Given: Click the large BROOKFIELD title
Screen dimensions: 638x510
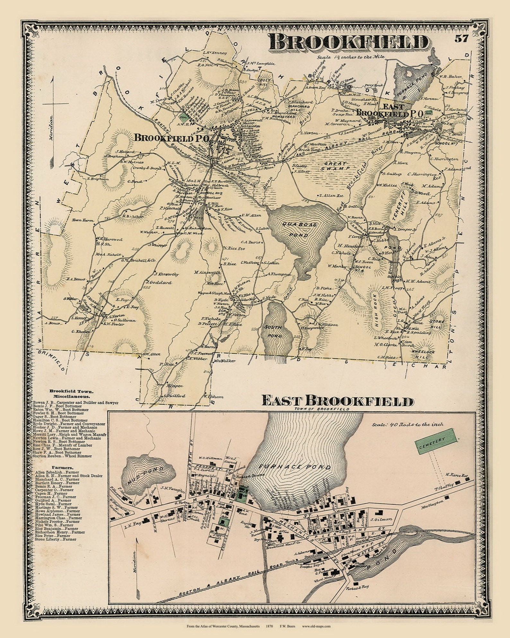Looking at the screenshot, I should (x=349, y=43).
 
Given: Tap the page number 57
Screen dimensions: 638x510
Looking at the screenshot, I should (x=462, y=39).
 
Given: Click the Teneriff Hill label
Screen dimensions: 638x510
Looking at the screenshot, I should (x=399, y=205).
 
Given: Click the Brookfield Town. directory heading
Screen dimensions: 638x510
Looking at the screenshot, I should (x=71, y=391).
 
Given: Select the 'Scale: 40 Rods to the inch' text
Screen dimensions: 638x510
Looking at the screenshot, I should (x=407, y=425).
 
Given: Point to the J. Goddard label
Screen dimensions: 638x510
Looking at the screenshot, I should (x=159, y=283).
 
